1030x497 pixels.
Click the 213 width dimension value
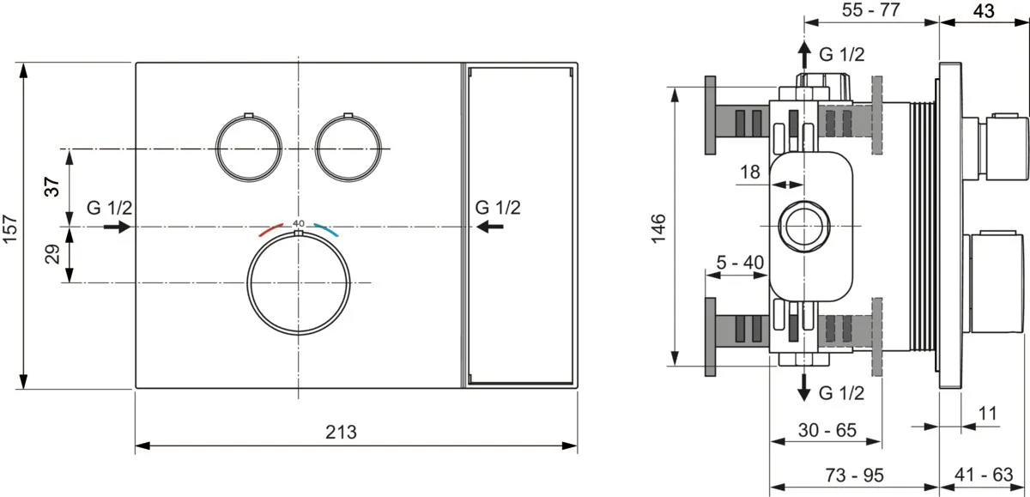point(341,432)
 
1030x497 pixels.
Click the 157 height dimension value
point(10,228)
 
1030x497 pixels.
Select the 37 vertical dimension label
point(52,186)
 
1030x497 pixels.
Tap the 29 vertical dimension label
point(52,254)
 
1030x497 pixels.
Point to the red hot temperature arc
point(270,229)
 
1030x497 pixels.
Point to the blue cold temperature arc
point(326,229)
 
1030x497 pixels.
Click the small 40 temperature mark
point(299,223)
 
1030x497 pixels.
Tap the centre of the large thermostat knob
point(299,282)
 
